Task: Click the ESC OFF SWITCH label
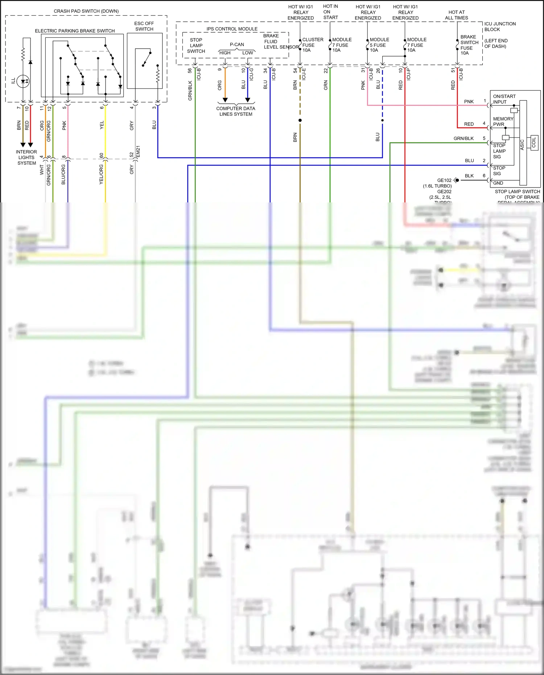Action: click(x=144, y=26)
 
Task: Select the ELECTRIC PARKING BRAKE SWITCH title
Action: click(x=75, y=31)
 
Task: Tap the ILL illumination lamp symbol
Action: click(x=23, y=81)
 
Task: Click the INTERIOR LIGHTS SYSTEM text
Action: click(x=26, y=157)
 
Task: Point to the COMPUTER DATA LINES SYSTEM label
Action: click(x=236, y=111)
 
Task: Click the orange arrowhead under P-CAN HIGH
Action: click(x=225, y=100)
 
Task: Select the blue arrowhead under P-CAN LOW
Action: click(x=248, y=100)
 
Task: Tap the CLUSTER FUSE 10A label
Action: click(x=312, y=45)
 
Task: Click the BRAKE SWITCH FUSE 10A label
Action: click(x=469, y=45)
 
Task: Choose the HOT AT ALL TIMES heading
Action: click(x=457, y=15)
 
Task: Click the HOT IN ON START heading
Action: click(x=330, y=12)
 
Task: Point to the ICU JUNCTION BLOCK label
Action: click(x=499, y=26)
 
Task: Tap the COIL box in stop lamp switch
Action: click(x=534, y=143)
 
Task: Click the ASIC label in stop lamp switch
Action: click(x=522, y=144)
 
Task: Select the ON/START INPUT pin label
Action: click(x=504, y=99)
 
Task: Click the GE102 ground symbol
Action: click(x=456, y=180)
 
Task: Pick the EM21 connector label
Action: click(x=138, y=152)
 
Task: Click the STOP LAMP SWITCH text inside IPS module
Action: click(x=196, y=45)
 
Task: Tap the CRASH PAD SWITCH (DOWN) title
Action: click(x=86, y=11)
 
